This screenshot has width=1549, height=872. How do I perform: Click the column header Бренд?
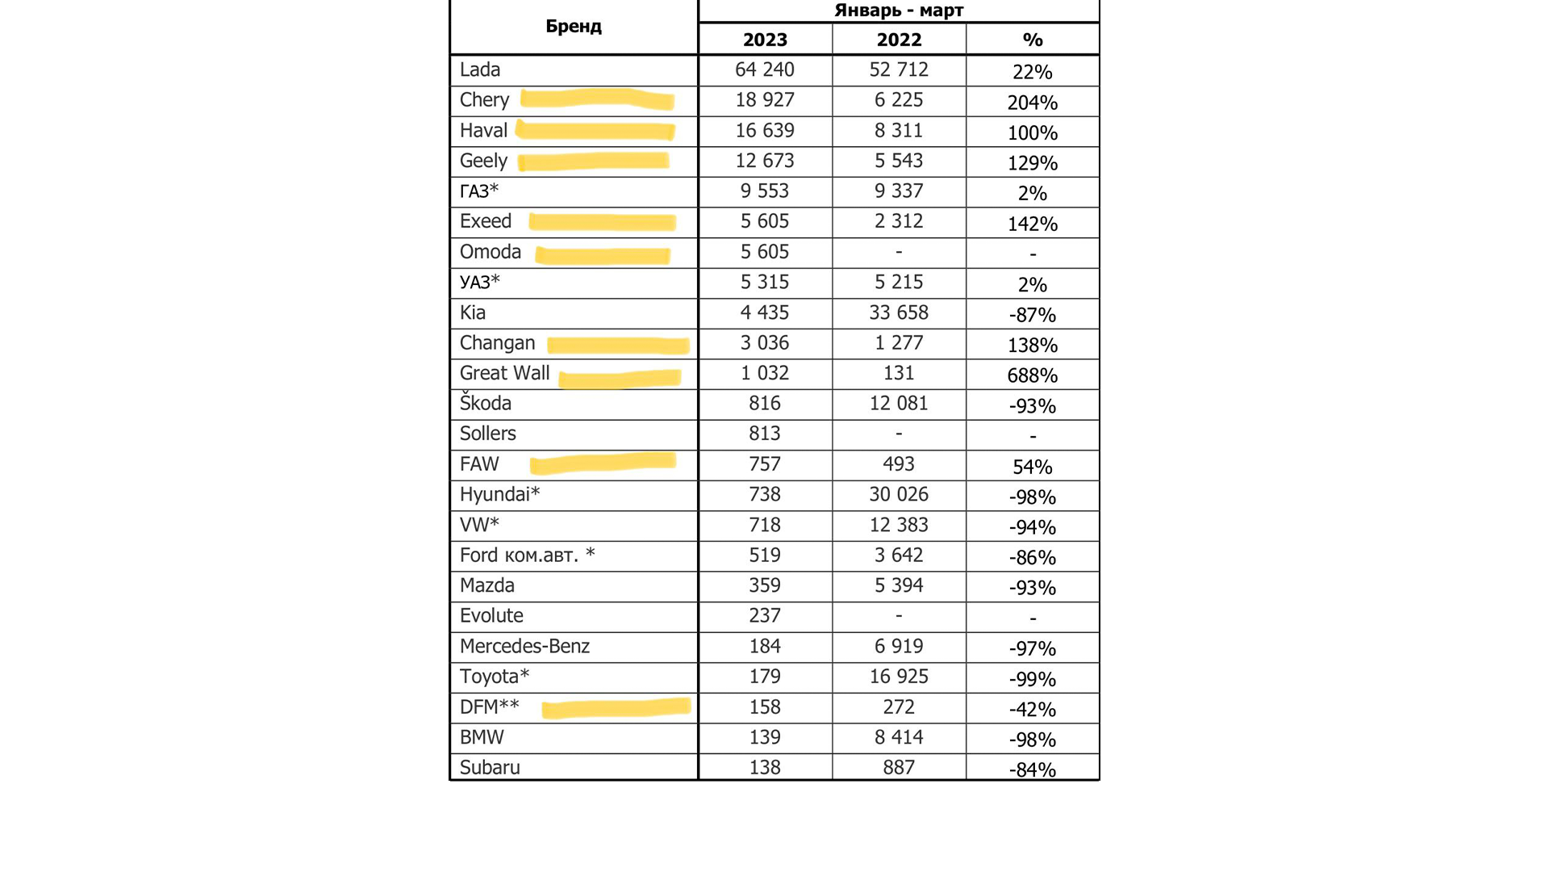pyautogui.click(x=574, y=27)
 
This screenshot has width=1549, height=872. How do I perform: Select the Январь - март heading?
pyautogui.click(x=899, y=10)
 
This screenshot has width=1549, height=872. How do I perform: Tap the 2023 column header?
pyautogui.click(x=765, y=40)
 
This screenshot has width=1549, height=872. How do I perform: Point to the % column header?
pyautogui.click(x=1033, y=40)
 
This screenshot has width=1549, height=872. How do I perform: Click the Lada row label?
pyautogui.click(x=480, y=70)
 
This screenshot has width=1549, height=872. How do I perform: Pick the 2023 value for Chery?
pyautogui.click(x=765, y=100)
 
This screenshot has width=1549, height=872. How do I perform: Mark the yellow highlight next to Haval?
pyautogui.click(x=595, y=131)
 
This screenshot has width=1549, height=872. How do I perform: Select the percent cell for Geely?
pyautogui.click(x=1033, y=163)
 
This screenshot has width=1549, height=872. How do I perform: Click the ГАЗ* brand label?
pyautogui.click(x=479, y=191)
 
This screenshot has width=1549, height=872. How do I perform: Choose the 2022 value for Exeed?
pyautogui.click(x=899, y=221)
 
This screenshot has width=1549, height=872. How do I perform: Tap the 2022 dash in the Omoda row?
pyautogui.click(x=899, y=252)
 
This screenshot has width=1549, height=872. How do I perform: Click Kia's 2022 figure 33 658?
pyautogui.click(x=899, y=312)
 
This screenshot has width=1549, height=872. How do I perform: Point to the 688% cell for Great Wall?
pyautogui.click(x=1033, y=375)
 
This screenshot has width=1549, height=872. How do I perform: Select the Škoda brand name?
pyautogui.click(x=486, y=403)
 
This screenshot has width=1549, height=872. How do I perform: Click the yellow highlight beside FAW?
pyautogui.click(x=603, y=463)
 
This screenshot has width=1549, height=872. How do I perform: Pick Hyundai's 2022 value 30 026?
pyautogui.click(x=899, y=494)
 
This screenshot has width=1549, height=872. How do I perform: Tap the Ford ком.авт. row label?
pyautogui.click(x=527, y=555)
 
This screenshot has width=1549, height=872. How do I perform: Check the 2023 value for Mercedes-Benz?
pyautogui.click(x=765, y=646)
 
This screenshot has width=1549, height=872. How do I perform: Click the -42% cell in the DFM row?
pyautogui.click(x=1033, y=709)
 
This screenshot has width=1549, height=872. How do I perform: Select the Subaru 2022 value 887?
pyautogui.click(x=899, y=768)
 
